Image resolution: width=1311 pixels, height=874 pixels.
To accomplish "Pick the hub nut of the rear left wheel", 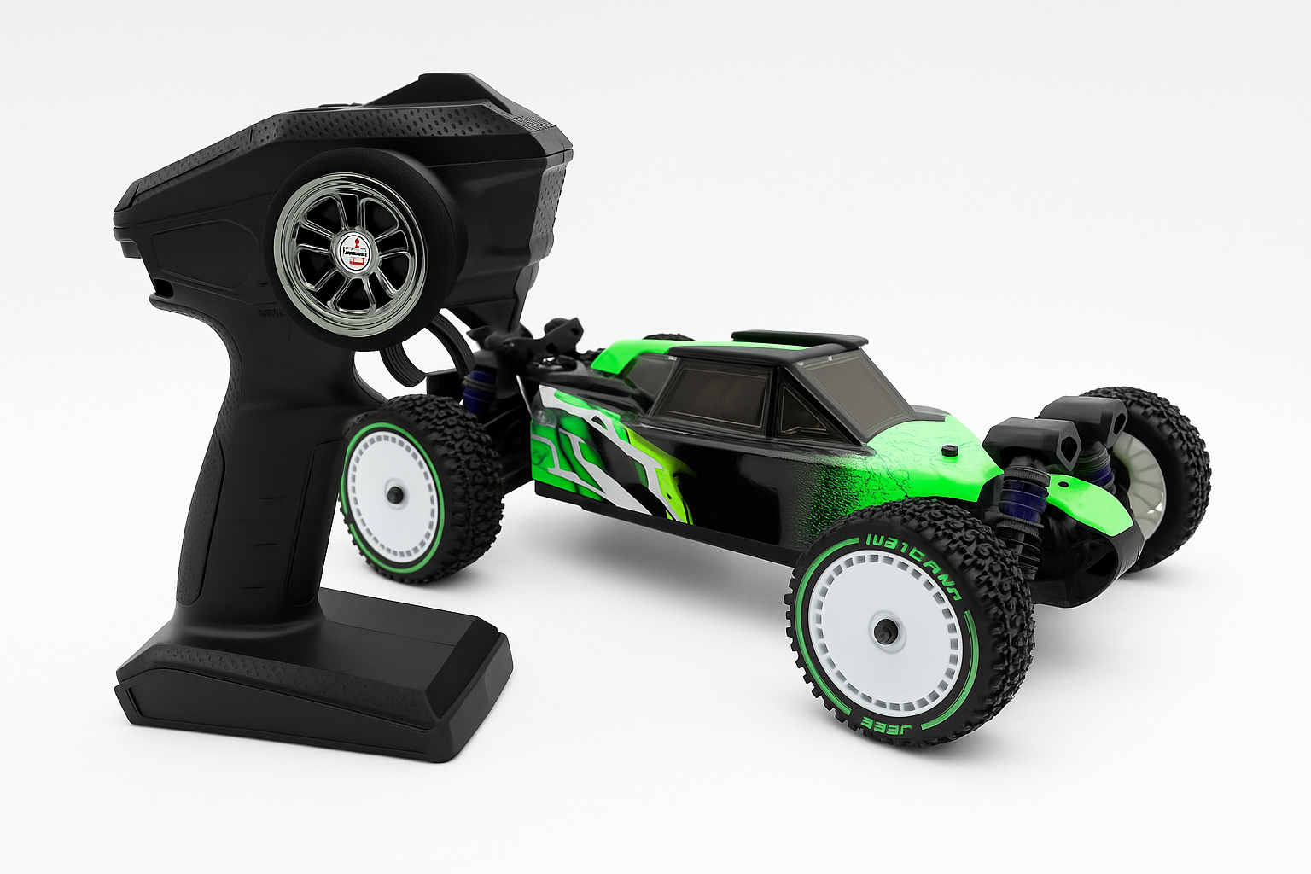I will (393, 493).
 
